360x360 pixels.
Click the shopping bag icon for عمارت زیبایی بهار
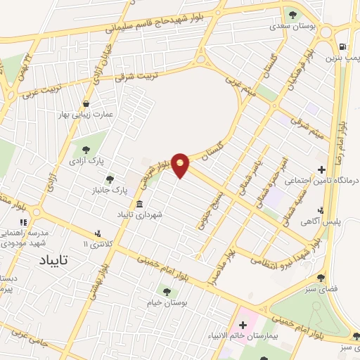tap(86, 103)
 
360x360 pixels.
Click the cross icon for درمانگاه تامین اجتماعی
tap(322, 169)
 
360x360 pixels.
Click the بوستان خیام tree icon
tap(167, 291)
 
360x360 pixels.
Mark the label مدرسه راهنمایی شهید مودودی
tap(15, 237)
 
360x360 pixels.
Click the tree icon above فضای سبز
tap(321, 278)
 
